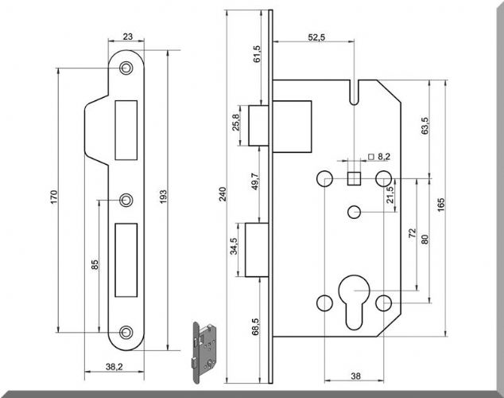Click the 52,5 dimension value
pos(316,37)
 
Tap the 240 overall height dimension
pos(223,194)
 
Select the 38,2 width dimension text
pos(114,366)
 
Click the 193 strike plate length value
pos(163,197)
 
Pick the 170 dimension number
pos(54,197)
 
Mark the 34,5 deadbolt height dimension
pos(234,246)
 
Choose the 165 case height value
pos(441,205)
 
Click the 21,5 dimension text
pos(390,195)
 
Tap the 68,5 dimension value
pos(255,327)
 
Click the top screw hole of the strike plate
pos(126,68)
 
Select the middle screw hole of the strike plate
pos(126,200)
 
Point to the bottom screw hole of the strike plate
pos(126,333)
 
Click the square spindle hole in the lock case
pos(355,178)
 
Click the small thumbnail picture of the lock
pos(204,353)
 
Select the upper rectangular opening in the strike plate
pos(126,130)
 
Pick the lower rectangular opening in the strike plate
pos(126,260)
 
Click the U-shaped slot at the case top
pos(354,92)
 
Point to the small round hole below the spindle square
pos(355,213)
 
